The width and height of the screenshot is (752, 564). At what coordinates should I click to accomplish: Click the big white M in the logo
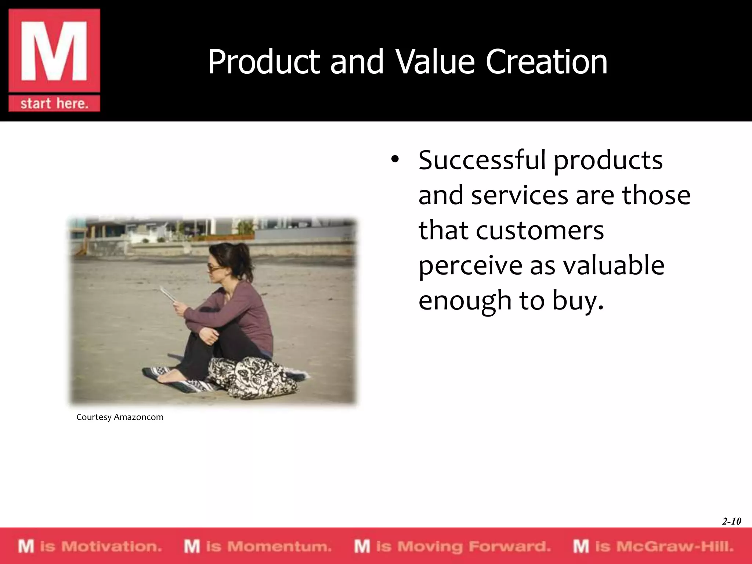[54, 51]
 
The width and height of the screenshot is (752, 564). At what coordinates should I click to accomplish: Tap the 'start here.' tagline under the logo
[54, 104]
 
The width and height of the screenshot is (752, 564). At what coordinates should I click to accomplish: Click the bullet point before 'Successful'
[394, 160]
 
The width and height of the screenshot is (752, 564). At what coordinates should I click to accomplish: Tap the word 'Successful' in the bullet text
[482, 160]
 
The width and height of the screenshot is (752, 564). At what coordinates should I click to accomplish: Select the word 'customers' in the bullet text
[540, 230]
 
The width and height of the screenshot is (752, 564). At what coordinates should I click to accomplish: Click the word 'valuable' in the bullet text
[614, 265]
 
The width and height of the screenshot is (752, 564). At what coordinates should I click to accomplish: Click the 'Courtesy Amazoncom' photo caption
[120, 417]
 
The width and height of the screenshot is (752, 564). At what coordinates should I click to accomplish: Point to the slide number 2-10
[731, 521]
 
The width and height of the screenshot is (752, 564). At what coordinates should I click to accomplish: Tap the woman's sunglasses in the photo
[213, 267]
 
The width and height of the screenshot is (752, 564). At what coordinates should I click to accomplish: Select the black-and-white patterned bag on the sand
[253, 378]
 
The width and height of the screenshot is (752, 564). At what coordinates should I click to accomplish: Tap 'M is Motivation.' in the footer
[90, 546]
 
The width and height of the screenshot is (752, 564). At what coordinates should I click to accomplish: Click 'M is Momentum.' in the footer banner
[258, 546]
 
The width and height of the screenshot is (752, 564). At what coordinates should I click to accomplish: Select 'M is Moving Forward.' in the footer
[452, 546]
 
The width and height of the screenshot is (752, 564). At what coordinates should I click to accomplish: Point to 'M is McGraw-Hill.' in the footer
[653, 546]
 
